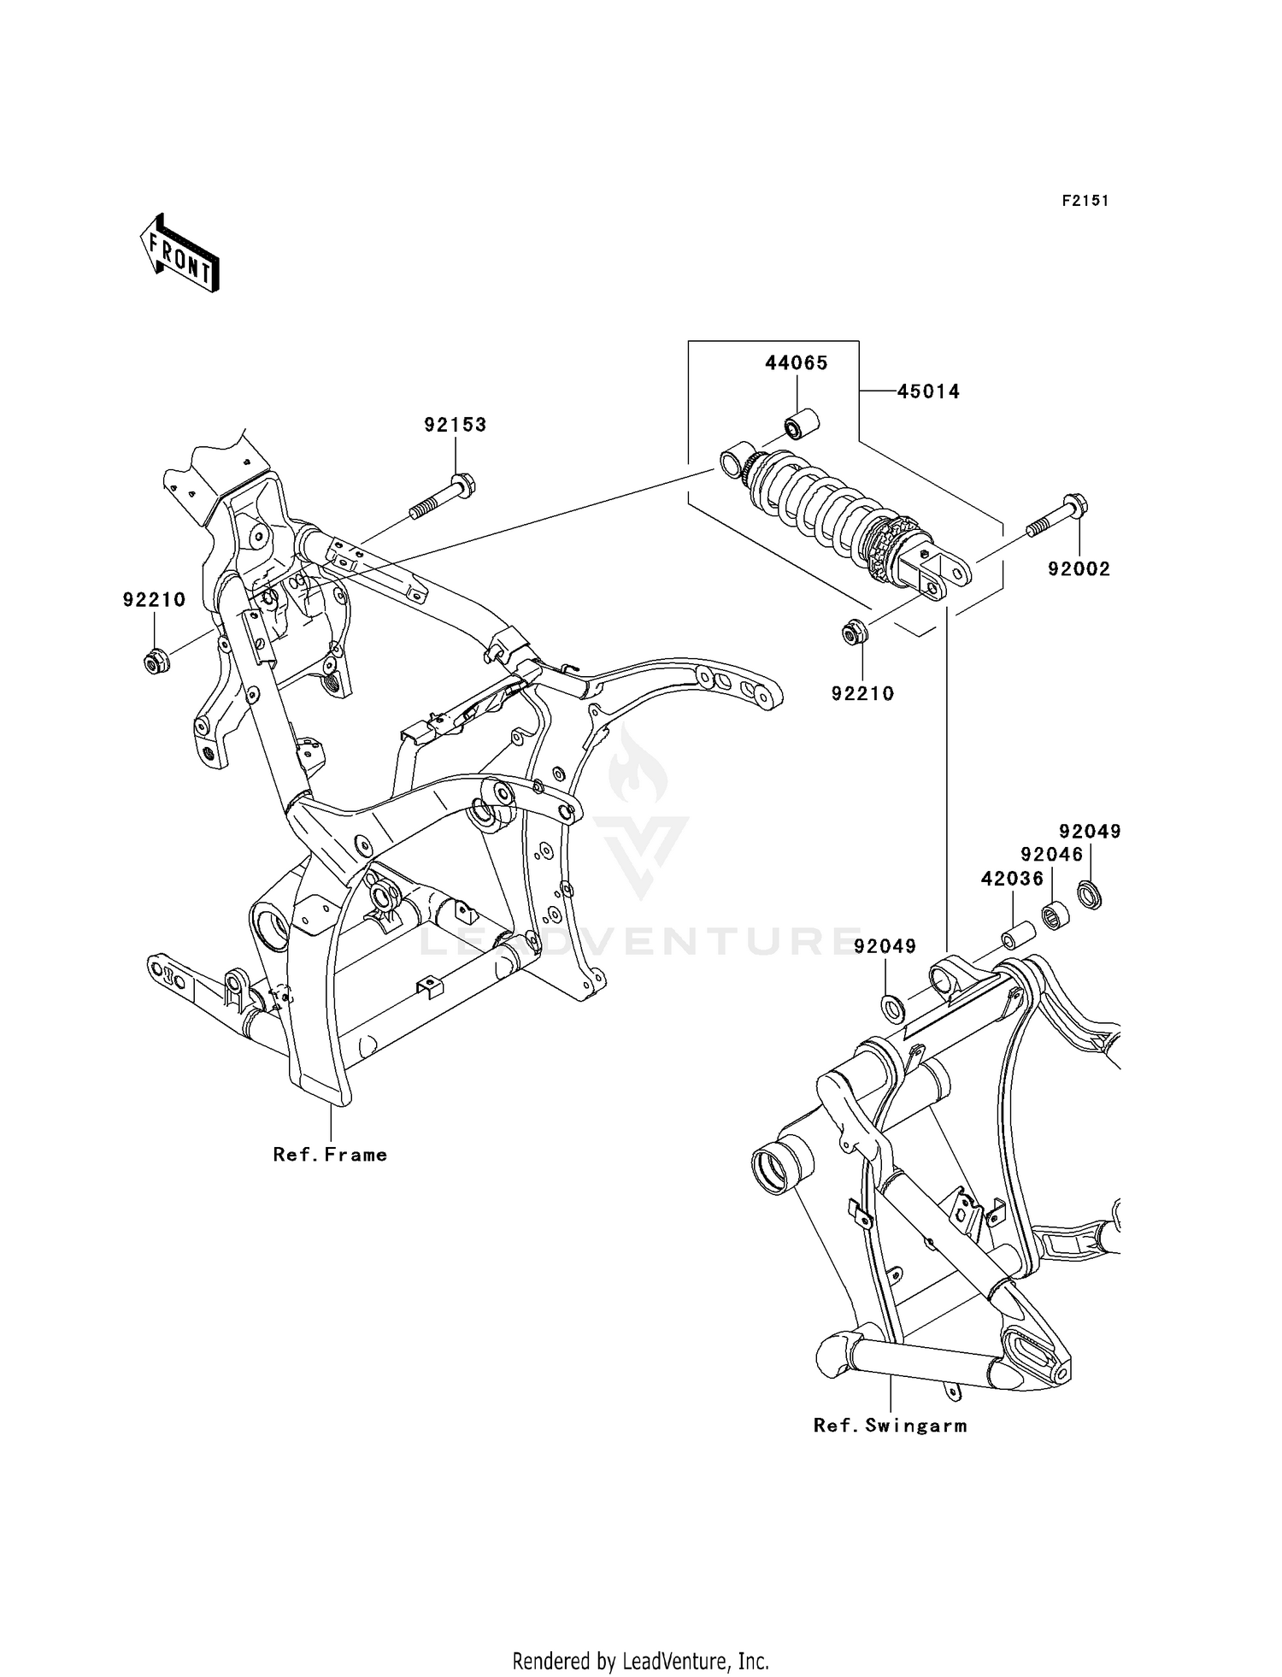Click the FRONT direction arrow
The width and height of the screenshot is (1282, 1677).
pyautogui.click(x=179, y=254)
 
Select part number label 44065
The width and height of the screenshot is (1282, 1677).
pyautogui.click(x=796, y=363)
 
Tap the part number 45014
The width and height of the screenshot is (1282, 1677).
pyautogui.click(x=928, y=391)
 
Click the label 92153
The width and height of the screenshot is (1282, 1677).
pyautogui.click(x=455, y=425)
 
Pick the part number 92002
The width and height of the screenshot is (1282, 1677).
pyautogui.click(x=1079, y=569)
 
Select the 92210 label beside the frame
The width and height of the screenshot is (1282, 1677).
pyautogui.click(x=154, y=600)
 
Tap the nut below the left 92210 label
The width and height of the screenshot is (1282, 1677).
pyautogui.click(x=155, y=661)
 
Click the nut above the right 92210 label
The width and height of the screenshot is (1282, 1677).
pyautogui.click(x=853, y=633)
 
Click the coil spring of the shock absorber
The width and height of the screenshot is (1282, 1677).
pyautogui.click(x=816, y=501)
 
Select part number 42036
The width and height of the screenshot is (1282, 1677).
pyautogui.click(x=1012, y=879)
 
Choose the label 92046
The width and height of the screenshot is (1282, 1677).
pyautogui.click(x=1051, y=855)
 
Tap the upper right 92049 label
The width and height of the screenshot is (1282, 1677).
pyautogui.click(x=1090, y=832)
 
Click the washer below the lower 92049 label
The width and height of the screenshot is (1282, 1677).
pyautogui.click(x=891, y=1008)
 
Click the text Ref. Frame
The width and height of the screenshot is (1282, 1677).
pyautogui.click(x=330, y=1155)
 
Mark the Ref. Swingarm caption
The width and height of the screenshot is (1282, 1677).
pyautogui.click(x=890, y=1426)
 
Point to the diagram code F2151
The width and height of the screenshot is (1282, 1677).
pyautogui.click(x=1085, y=201)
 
